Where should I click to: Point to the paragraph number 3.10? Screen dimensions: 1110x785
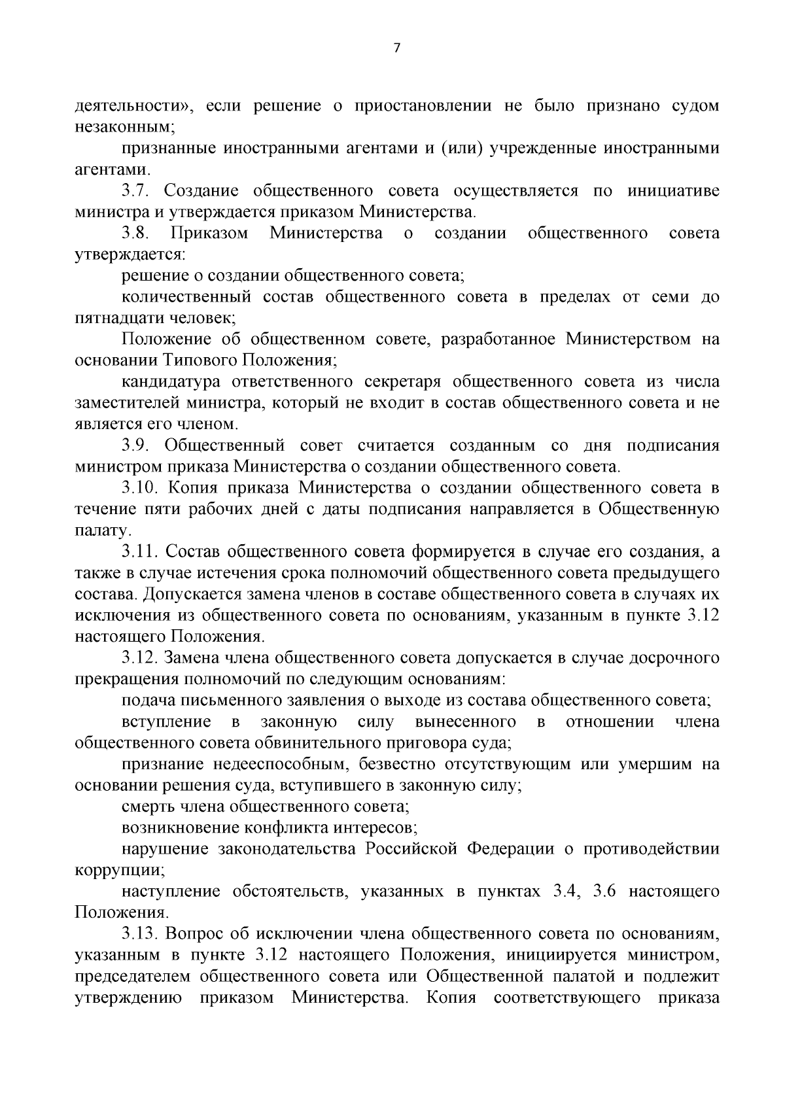(x=140, y=488)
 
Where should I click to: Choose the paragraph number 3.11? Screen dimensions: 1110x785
(x=140, y=552)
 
